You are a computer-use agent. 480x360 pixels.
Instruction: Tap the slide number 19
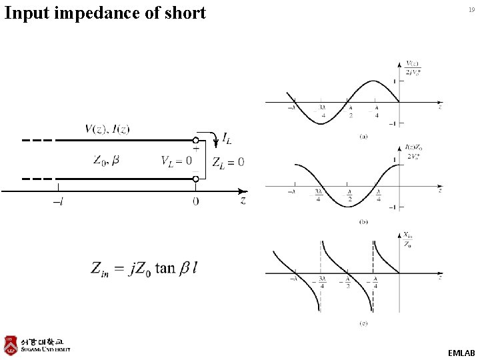click(x=471, y=10)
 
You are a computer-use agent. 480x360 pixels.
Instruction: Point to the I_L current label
click(x=227, y=139)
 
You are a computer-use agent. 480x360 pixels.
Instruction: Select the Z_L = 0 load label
click(x=228, y=161)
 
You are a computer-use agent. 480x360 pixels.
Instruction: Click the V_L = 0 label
click(x=176, y=160)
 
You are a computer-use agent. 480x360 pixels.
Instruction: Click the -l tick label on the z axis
click(x=59, y=201)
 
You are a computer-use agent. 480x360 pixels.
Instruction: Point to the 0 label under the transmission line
click(x=195, y=201)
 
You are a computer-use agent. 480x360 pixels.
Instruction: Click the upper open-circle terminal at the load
click(x=195, y=141)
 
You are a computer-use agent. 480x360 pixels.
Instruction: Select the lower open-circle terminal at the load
click(x=195, y=179)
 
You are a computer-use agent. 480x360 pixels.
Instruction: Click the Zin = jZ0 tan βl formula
click(x=145, y=268)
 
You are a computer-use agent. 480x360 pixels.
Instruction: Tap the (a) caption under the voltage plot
click(x=363, y=136)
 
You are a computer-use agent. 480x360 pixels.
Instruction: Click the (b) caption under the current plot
click(x=363, y=221)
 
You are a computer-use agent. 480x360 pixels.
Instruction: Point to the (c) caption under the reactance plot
click(x=363, y=324)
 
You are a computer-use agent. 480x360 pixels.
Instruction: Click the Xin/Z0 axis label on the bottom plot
click(x=407, y=239)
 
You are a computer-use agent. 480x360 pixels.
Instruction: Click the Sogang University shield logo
click(x=11, y=344)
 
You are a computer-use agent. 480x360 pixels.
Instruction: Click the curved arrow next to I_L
click(x=213, y=139)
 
